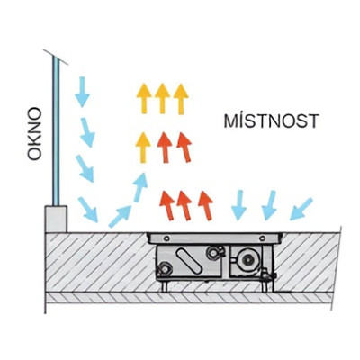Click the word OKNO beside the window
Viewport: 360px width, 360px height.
(x=34, y=134)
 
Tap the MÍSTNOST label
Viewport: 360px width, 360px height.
(x=271, y=121)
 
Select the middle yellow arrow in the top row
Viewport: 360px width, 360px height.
(x=163, y=99)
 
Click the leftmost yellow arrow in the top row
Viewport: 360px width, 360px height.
(x=144, y=99)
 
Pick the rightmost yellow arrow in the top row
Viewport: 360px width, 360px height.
(x=181, y=99)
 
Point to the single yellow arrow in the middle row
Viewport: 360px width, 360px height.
(x=143, y=148)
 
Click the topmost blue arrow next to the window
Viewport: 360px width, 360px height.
(x=82, y=92)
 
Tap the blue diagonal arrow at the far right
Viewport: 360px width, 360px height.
(x=301, y=210)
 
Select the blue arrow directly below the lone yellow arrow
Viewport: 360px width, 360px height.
(x=140, y=187)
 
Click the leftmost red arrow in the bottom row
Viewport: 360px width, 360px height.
(x=167, y=206)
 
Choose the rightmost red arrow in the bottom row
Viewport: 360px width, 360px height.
(x=206, y=206)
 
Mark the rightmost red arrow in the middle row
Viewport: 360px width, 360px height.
(x=184, y=148)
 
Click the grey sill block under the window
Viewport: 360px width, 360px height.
(x=56, y=219)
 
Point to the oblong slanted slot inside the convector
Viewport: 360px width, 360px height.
(x=189, y=261)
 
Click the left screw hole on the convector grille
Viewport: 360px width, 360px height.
(x=166, y=238)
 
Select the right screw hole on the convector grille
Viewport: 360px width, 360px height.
(x=262, y=238)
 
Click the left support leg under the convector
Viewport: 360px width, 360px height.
(x=165, y=286)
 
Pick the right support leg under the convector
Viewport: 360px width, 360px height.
(x=265, y=286)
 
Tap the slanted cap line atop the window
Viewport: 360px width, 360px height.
(x=56, y=57)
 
